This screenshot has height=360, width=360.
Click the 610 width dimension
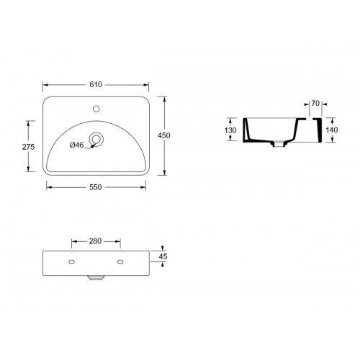coord(95,85)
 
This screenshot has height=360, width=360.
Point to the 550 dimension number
coord(95,186)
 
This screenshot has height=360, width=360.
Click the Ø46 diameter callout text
coord(76,145)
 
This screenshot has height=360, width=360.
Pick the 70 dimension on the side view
coord(315,104)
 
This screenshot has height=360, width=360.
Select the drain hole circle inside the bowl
coord(96,139)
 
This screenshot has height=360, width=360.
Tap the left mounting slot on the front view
coord(73,260)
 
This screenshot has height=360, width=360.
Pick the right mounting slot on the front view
coord(119,260)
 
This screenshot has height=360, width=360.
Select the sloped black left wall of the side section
coord(248,131)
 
